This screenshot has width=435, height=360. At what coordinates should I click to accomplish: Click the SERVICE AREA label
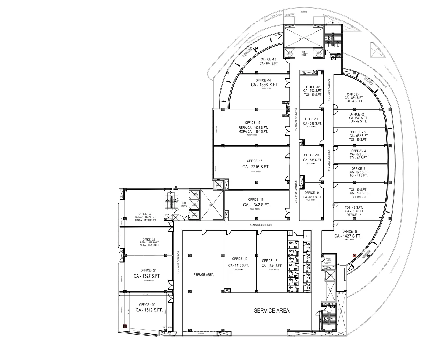tap(271, 310)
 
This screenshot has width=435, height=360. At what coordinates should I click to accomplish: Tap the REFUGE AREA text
tap(203, 275)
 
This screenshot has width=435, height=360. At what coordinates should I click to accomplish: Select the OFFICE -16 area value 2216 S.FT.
tap(256, 167)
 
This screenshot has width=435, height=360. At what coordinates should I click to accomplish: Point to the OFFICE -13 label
tap(268, 59)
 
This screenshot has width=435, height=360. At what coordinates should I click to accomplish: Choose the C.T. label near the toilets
tap(307, 236)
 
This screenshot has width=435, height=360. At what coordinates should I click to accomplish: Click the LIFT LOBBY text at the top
tap(304, 53)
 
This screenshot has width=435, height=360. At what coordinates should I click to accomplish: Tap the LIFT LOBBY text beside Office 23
tap(184, 205)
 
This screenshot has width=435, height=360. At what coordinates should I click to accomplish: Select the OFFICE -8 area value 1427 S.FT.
tap(347, 236)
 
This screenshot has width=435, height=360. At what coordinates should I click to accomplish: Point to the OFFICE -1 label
tap(354, 94)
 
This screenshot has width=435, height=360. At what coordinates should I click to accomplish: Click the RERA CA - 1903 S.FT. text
tap(253, 128)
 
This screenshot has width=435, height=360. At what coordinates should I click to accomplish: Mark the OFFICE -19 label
tap(240, 259)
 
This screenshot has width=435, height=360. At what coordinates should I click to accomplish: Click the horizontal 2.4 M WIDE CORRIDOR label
tap(261, 225)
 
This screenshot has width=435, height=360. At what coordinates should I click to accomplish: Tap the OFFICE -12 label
tap(312, 87)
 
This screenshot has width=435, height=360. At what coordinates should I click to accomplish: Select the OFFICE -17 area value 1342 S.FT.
tap(256, 205)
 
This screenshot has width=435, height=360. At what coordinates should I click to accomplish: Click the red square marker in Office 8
tap(354, 255)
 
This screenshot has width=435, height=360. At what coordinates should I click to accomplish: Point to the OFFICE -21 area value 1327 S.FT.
tap(147, 276)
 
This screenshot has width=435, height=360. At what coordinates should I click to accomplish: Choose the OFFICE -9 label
tap(312, 193)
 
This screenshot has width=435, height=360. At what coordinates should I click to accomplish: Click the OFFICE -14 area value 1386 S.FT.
tap(265, 85)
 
